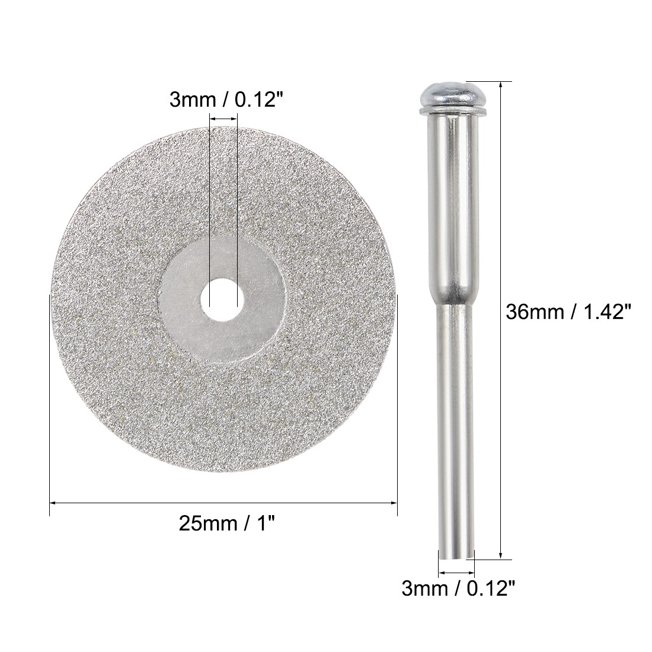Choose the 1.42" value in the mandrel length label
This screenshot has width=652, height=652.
(x=600, y=310)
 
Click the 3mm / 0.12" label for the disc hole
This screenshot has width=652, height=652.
(x=223, y=99)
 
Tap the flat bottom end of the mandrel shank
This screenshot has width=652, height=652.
(x=456, y=557)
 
